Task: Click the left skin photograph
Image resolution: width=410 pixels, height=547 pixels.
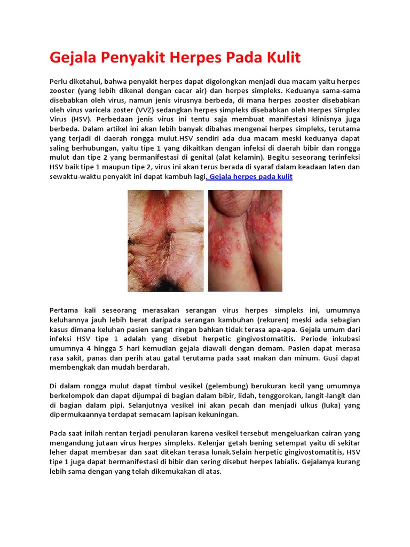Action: (165, 240)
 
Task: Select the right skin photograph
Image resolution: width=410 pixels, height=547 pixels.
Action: (245, 240)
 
